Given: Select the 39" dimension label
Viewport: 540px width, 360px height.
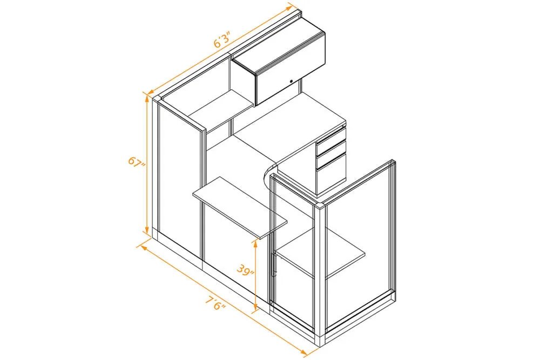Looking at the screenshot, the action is (245, 269).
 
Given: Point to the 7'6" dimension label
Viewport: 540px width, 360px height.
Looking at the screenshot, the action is (215, 302).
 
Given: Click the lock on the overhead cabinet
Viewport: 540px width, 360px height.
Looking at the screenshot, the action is (292, 81).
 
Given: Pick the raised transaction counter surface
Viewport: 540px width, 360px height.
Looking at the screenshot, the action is (240, 207).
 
